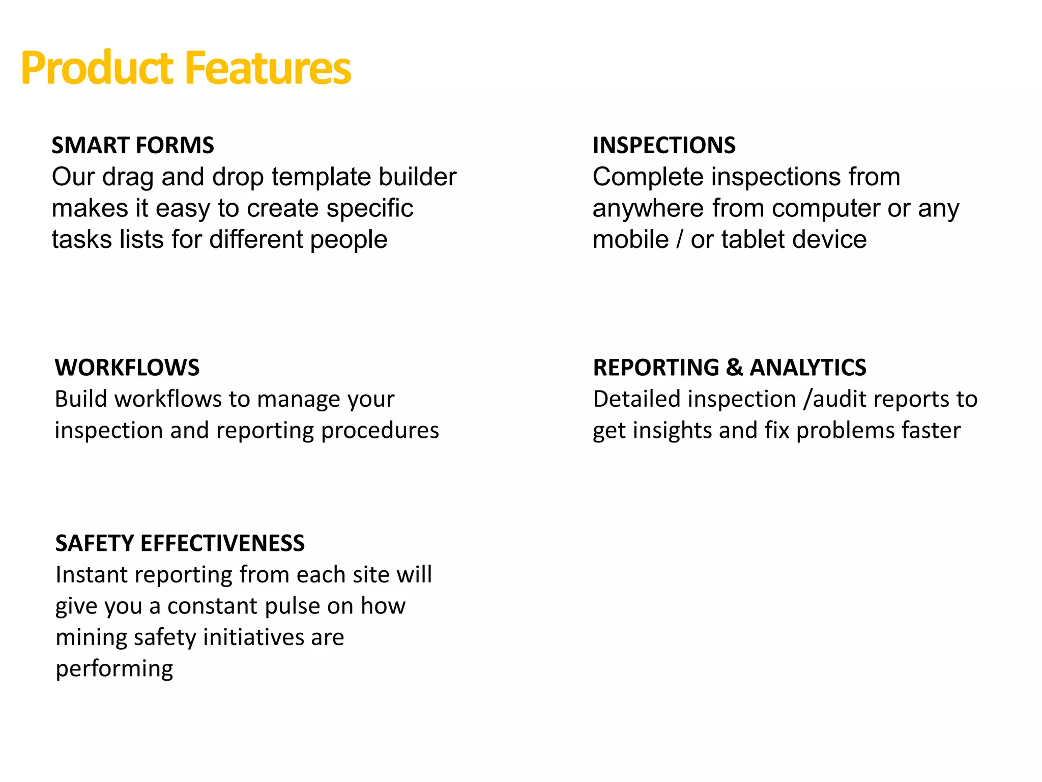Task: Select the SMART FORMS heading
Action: [133, 146]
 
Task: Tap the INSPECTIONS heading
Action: [664, 146]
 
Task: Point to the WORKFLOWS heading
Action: [127, 368]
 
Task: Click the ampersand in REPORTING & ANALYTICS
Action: [734, 368]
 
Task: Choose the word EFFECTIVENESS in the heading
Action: [222, 543]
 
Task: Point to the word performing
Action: [114, 669]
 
